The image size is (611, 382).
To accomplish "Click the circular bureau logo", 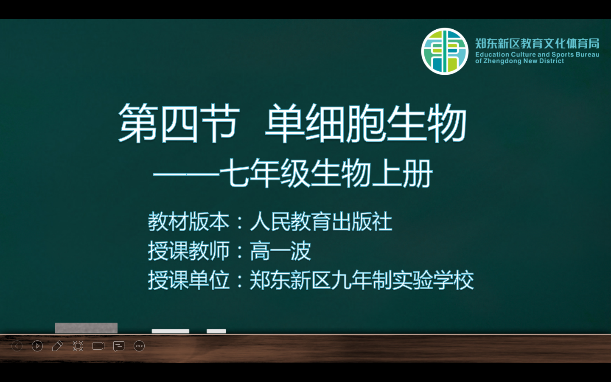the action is click(445, 51).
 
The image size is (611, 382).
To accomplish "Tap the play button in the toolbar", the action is click(37, 346).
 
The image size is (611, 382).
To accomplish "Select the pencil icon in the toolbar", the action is click(57, 346).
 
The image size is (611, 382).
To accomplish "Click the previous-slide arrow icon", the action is click(17, 346).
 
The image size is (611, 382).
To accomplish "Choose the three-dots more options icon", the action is click(139, 346).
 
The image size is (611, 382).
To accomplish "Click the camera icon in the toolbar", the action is click(98, 346).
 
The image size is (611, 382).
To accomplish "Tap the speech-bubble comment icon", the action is click(119, 346).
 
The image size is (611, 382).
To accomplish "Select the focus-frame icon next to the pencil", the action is click(78, 346).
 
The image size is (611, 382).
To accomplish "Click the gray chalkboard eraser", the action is click(86, 328).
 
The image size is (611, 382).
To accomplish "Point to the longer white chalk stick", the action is click(171, 331).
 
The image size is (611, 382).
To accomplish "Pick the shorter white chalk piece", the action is click(216, 331).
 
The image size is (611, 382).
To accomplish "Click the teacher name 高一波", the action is click(280, 251).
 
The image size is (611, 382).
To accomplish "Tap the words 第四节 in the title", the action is click(179, 123).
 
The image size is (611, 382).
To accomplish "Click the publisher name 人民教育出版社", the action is click(321, 222).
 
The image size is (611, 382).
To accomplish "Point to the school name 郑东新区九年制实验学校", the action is click(362, 280).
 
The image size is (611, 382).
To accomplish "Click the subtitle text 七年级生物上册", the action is click(326, 174).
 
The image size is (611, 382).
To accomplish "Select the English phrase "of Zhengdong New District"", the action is click(519, 61).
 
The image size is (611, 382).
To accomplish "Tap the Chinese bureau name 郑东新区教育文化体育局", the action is click(537, 44).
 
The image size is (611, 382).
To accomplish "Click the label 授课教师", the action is click(188, 251).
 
